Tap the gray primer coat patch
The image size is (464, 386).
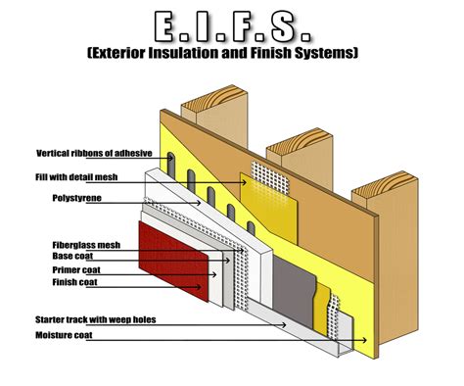pos(284,284)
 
